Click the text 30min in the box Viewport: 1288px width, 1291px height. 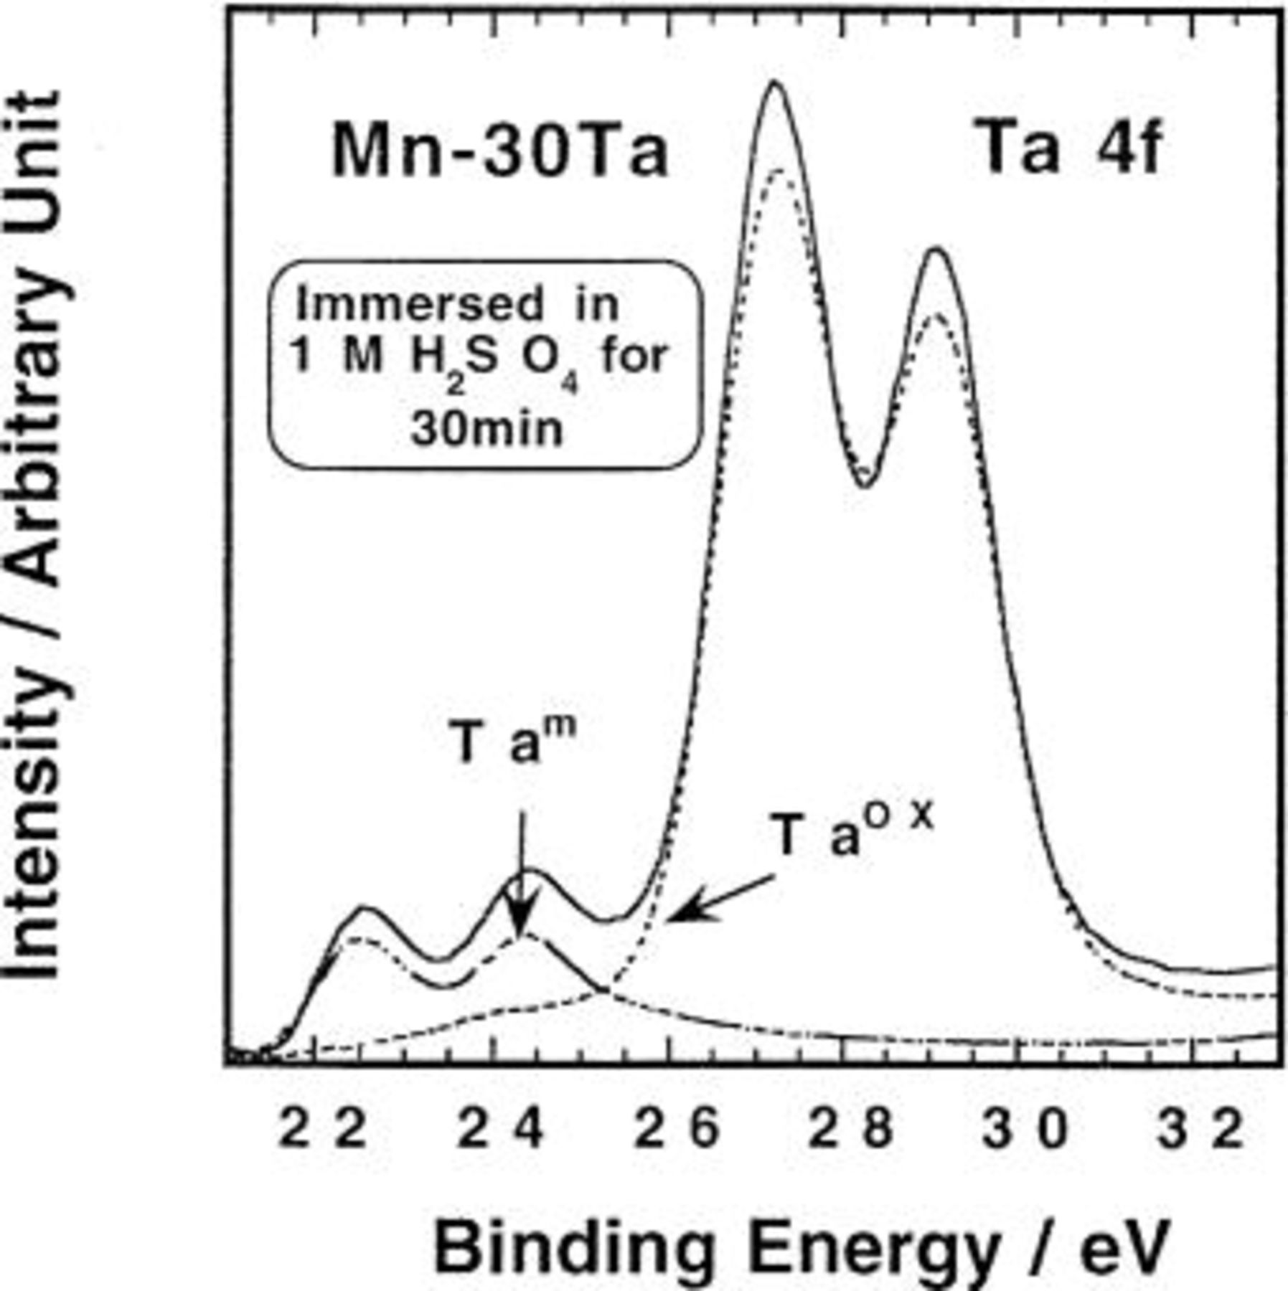tap(486, 430)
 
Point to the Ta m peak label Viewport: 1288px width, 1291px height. tap(515, 742)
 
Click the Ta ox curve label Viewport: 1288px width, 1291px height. tap(854, 832)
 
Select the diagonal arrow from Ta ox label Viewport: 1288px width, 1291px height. tap(721, 898)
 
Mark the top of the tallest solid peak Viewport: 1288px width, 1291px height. tap(774, 84)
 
